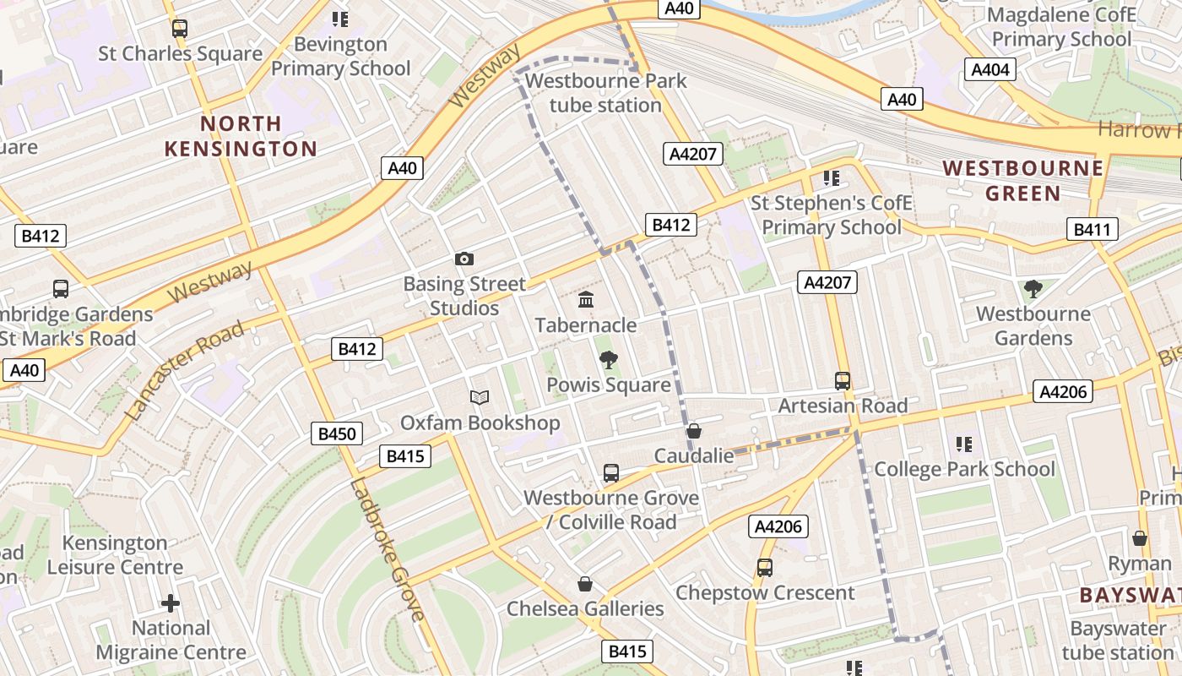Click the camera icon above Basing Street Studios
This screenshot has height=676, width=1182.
[464, 259]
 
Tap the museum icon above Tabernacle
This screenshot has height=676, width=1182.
[586, 300]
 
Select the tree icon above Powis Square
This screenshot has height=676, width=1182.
[608, 361]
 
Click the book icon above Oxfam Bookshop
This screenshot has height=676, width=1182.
[480, 397]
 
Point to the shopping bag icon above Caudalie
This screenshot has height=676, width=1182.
[694, 431]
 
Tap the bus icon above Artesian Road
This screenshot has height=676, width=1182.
[842, 381]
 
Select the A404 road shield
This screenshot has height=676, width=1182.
[990, 69]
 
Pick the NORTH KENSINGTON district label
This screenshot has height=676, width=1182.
[241, 136]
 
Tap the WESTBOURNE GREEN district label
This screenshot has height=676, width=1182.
[1023, 181]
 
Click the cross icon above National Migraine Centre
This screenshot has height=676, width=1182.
[171, 603]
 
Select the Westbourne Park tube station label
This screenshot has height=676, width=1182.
[606, 93]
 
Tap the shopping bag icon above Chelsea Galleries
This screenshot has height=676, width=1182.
[584, 584]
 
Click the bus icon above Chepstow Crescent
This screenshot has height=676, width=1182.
[764, 568]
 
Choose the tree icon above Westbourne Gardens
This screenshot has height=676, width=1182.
[1032, 290]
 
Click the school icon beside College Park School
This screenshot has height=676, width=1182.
[963, 444]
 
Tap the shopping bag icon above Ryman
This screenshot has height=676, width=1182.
[1140, 538]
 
